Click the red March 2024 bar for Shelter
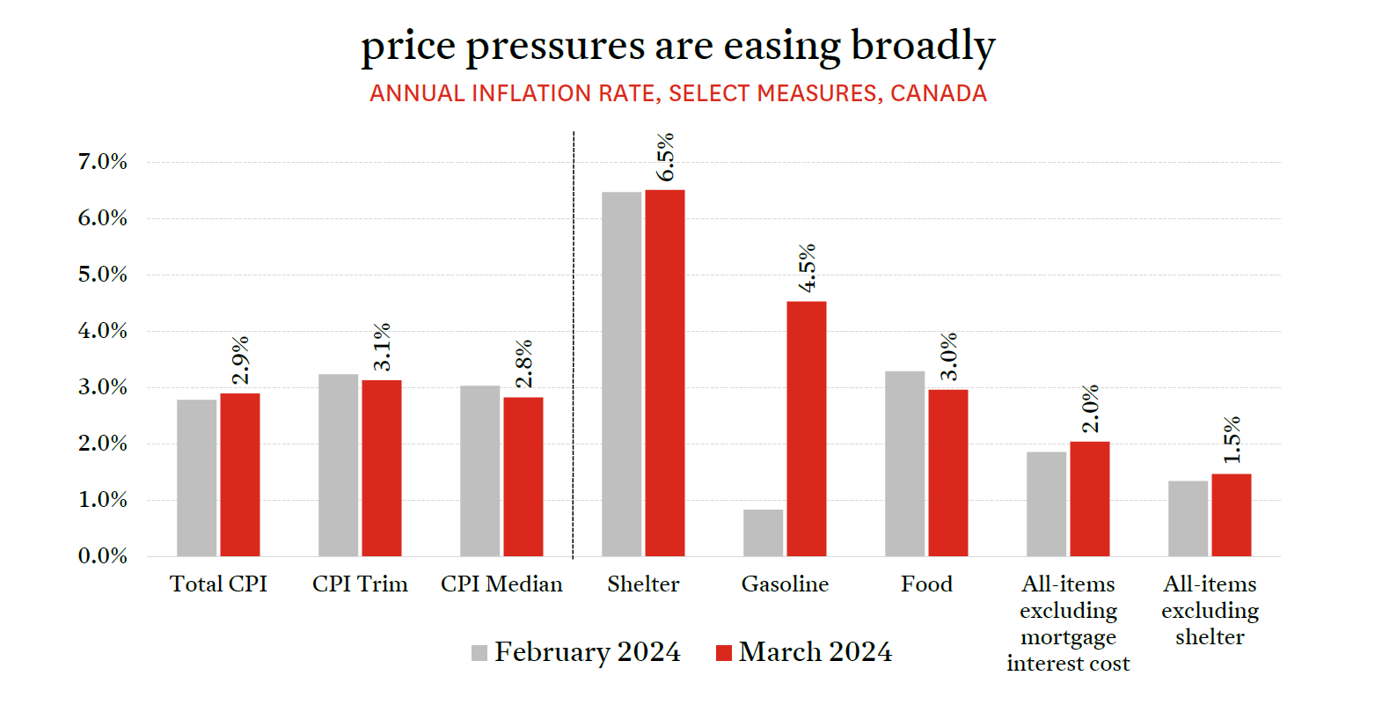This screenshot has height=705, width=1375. [664, 373]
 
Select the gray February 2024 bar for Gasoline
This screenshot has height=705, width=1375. [763, 532]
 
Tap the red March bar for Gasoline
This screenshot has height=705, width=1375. [806, 429]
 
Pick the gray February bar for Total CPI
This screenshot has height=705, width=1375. [196, 478]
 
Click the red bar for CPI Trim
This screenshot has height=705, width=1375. [381, 468]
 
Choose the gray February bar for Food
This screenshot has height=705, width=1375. [904, 464]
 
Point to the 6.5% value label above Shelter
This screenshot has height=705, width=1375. [666, 157]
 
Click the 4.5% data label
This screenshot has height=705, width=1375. [808, 268]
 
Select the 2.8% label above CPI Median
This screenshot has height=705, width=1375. [524, 364]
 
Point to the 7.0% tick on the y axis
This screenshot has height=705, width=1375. [103, 162]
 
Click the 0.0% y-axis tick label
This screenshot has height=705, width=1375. [103, 556]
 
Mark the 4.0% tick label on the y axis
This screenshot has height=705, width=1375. [103, 331]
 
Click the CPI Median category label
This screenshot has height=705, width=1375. [501, 584]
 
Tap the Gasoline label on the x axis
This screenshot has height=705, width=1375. [785, 584]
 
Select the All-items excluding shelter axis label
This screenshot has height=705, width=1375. [1210, 611]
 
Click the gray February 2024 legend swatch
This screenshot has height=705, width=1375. [479, 653]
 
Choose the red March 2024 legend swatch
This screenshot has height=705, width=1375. [724, 653]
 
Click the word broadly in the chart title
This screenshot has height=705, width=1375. [923, 47]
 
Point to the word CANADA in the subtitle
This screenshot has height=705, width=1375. [939, 93]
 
